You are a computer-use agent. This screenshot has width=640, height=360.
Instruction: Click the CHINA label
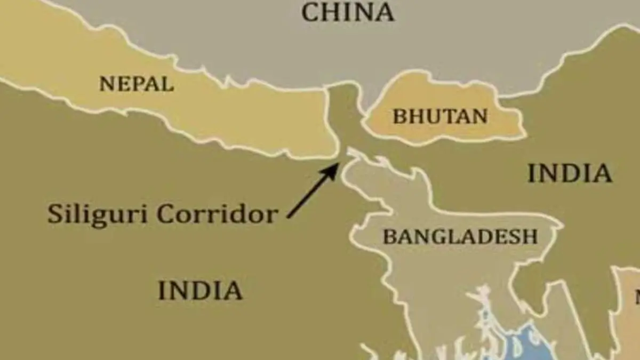(x=348, y=12)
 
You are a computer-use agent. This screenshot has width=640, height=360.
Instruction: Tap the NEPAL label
(x=137, y=84)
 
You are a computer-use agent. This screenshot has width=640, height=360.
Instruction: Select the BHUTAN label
(x=440, y=116)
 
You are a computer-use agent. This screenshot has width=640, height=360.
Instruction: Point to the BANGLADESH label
(x=460, y=236)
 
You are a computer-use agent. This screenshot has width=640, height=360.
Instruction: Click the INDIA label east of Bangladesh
(x=569, y=173)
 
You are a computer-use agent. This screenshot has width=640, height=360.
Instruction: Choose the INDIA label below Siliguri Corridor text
(x=200, y=290)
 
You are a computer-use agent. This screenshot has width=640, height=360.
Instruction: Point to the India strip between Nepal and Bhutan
(x=344, y=115)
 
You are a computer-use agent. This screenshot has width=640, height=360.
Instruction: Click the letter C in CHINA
(x=310, y=12)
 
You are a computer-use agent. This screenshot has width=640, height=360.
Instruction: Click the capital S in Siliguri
(x=54, y=214)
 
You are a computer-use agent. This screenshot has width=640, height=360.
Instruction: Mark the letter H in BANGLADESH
(x=531, y=236)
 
